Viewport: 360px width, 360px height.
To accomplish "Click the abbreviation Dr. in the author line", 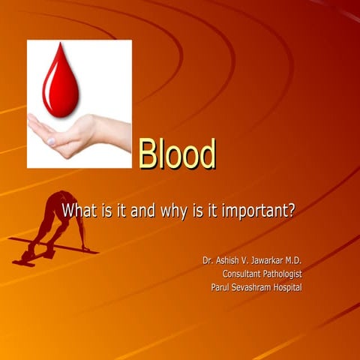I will [x=208, y=260].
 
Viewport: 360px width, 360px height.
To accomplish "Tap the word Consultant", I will [x=246, y=274].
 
